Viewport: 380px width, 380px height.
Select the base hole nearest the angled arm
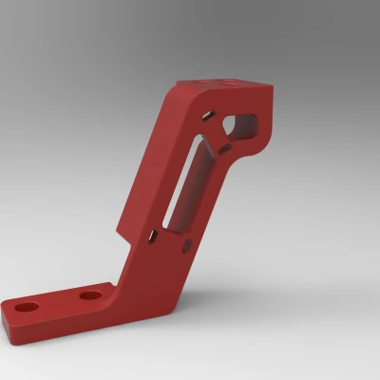coord(90,295)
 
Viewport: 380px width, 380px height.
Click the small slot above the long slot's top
coord(206,117)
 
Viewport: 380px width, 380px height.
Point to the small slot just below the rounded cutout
coord(222,149)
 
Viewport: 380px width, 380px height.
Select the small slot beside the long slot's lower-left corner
coord(151,235)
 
